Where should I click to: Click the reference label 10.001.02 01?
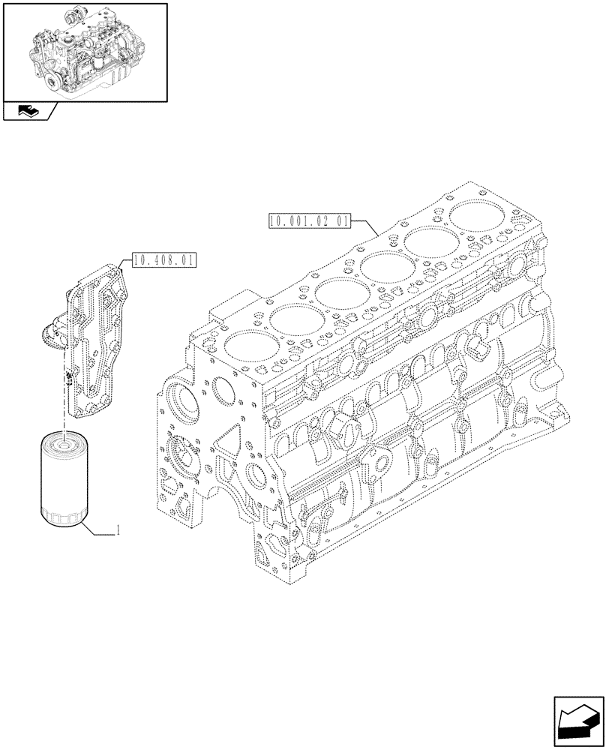click(x=307, y=221)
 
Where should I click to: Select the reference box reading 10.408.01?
click(x=163, y=261)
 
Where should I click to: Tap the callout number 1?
click(x=118, y=531)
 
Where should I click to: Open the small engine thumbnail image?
click(x=84, y=51)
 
